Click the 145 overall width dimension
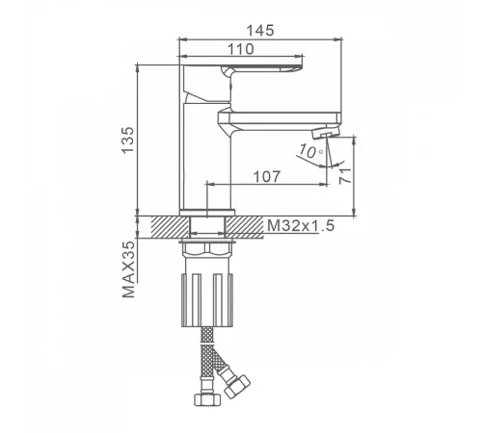[x=260, y=31]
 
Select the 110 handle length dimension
[x=241, y=49]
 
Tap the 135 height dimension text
[x=128, y=140]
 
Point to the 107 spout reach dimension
[x=267, y=176]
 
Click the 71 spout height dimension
[x=345, y=175]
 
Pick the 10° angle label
[x=310, y=151]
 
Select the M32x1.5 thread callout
[x=301, y=225]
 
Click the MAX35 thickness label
[x=128, y=269]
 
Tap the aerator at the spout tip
[x=326, y=132]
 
